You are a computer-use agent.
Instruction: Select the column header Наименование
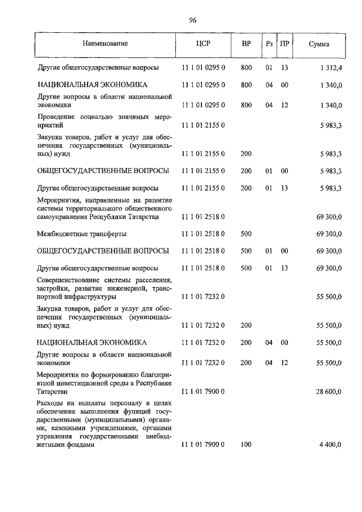tap(105, 44)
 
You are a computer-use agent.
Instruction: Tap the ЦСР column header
tap(204, 44)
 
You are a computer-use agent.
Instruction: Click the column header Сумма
tap(320, 44)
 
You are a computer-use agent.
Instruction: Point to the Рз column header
tap(269, 44)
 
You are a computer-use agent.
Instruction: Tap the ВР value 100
tap(246, 445)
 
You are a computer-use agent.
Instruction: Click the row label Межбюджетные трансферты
tap(81, 234)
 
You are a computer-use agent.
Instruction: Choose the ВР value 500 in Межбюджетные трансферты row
tap(246, 234)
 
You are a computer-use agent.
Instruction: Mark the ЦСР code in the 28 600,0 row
tap(204, 391)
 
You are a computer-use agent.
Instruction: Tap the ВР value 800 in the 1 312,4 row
tap(246, 68)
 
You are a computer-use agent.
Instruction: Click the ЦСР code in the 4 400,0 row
tap(204, 445)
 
